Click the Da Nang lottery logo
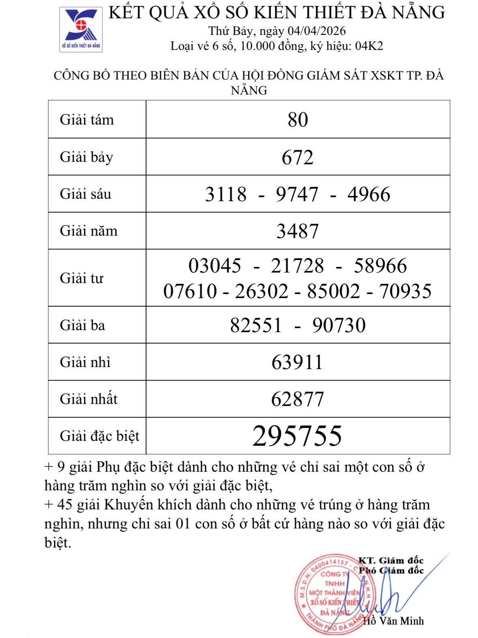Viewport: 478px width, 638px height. (x=81, y=29)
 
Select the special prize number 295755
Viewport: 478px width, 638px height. (x=297, y=436)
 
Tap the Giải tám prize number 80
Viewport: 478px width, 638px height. (x=298, y=120)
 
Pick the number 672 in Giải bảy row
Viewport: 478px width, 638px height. (x=298, y=157)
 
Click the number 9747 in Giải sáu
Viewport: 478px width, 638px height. (x=297, y=194)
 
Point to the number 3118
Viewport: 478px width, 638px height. (x=225, y=194)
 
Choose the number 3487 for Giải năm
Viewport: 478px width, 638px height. (x=298, y=231)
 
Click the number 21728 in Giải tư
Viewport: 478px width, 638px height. (x=297, y=266)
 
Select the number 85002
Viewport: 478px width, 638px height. (x=333, y=291)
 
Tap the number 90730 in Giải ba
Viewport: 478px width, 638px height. (x=339, y=325)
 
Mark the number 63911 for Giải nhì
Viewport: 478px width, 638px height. (x=297, y=362)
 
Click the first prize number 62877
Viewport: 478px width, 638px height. (x=297, y=399)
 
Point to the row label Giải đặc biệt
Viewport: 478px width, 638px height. (x=99, y=436)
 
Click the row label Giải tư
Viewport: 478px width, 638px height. (x=81, y=278)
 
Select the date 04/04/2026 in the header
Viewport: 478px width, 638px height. (x=317, y=31)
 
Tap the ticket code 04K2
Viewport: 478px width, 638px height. (x=369, y=46)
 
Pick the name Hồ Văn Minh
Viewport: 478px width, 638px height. (x=393, y=621)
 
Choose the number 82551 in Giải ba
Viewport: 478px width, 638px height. (x=256, y=325)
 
